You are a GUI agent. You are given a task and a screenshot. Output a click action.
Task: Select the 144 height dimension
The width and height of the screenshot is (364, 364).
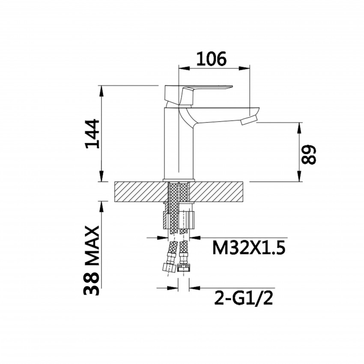[x=92, y=134]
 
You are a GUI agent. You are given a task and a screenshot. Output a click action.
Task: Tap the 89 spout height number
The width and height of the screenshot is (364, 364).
[x=308, y=155]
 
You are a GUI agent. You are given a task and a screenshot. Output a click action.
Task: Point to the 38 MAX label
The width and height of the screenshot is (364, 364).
[x=92, y=260]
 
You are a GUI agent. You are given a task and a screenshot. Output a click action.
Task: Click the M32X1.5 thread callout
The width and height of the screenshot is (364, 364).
[x=249, y=248]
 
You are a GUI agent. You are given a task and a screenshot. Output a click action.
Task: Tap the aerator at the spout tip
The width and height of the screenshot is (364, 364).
[x=249, y=121]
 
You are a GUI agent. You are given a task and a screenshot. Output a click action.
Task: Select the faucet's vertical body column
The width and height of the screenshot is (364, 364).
[x=179, y=144]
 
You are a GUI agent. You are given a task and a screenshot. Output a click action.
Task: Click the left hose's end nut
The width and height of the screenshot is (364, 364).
[x=169, y=267]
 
